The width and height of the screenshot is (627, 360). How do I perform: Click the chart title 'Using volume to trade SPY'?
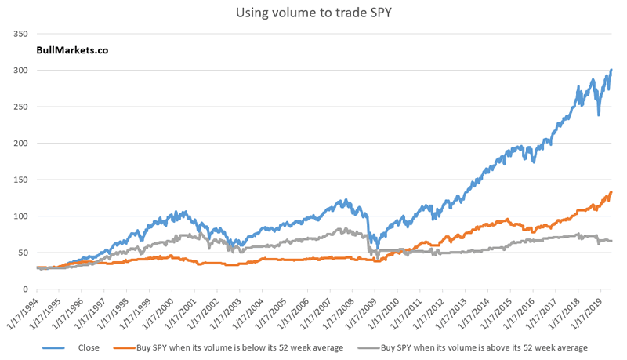[313, 13]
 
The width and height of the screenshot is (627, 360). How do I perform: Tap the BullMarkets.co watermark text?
[72, 49]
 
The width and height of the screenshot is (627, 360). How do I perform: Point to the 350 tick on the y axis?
[21, 34]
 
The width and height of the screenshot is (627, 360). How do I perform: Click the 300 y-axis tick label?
[21, 71]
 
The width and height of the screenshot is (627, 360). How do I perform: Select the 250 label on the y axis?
[21, 107]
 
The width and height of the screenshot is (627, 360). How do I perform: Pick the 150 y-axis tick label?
[21, 180]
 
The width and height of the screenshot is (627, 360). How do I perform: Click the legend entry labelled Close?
[89, 347]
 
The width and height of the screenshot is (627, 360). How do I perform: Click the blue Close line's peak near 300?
[611, 71]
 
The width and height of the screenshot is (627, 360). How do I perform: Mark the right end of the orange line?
[611, 192]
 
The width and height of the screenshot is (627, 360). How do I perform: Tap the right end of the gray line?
[611, 241]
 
